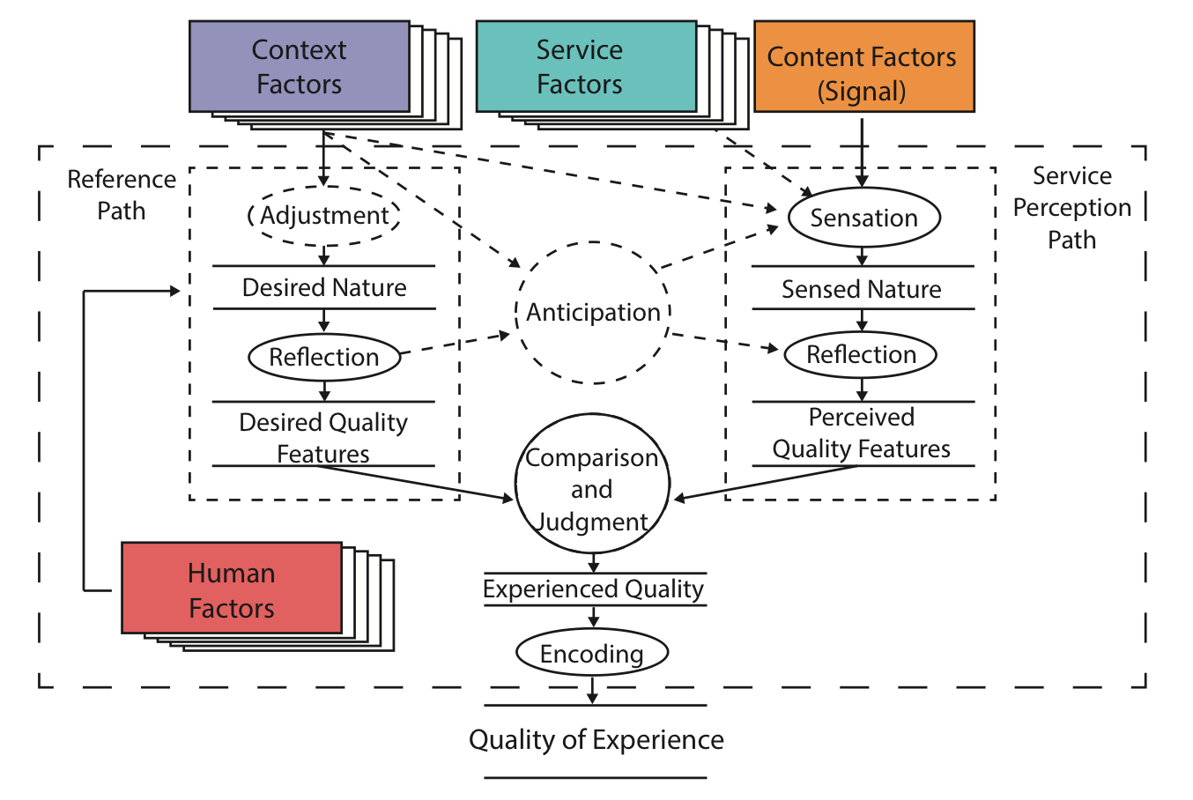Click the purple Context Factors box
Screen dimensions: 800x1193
point(300,67)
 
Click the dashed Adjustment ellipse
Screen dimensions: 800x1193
point(324,216)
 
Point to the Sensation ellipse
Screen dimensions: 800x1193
point(863,218)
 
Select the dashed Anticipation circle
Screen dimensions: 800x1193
point(593,312)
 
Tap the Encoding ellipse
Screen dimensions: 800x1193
point(592,653)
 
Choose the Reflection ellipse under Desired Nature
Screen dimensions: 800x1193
point(324,357)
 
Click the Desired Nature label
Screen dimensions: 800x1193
point(324,288)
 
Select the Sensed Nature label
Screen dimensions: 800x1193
point(862,289)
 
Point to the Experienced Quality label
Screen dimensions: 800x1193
point(594,589)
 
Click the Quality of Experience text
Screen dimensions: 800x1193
point(596,740)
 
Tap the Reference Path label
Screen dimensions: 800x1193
point(122,195)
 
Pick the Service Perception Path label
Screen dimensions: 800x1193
point(1071,208)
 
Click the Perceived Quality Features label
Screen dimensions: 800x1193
point(862,433)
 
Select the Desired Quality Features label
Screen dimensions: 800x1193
point(323,437)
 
